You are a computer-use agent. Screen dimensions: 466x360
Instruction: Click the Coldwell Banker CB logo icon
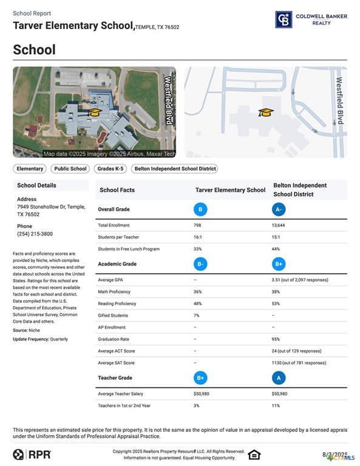pyautogui.click(x=284, y=19)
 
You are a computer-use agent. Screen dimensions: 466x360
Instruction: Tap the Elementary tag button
pyautogui.click(x=30, y=169)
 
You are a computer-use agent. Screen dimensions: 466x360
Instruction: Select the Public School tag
pyautogui.click(x=70, y=169)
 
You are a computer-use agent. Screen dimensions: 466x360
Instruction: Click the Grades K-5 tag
pyautogui.click(x=110, y=169)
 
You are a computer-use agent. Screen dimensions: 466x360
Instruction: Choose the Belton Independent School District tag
pyautogui.click(x=174, y=169)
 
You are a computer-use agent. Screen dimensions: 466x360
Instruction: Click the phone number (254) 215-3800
pyautogui.click(x=35, y=234)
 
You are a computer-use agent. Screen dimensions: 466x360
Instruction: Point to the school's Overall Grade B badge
pyautogui.click(x=200, y=209)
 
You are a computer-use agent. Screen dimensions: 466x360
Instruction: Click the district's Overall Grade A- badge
pyautogui.click(x=279, y=209)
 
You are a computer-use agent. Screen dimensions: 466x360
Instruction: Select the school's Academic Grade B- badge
pyautogui.click(x=200, y=264)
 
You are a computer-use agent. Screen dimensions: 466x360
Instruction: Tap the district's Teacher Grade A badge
pyautogui.click(x=279, y=378)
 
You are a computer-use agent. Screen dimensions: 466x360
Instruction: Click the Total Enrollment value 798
pyautogui.click(x=198, y=225)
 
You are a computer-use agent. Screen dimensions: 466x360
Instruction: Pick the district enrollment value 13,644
pyautogui.click(x=279, y=225)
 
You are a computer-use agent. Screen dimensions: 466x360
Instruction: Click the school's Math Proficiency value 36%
pyautogui.click(x=198, y=292)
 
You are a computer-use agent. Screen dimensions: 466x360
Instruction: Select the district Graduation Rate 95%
pyautogui.click(x=276, y=339)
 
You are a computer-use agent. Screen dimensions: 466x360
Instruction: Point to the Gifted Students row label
pyautogui.click(x=113, y=316)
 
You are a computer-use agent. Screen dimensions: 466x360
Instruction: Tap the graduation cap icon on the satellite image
pyautogui.click(x=94, y=112)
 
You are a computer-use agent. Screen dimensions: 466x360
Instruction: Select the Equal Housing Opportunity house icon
pyautogui.click(x=254, y=454)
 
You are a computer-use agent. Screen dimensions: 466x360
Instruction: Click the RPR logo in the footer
pyautogui.click(x=32, y=454)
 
